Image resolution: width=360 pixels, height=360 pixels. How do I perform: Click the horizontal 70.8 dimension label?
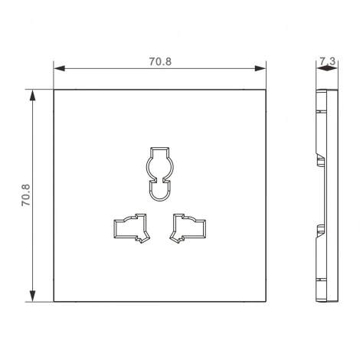click(x=160, y=61)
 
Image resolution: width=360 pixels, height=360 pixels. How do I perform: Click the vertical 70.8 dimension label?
click(x=26, y=195)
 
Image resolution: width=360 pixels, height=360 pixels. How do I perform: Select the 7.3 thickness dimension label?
click(x=328, y=61)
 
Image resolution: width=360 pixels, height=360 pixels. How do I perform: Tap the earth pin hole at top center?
click(x=160, y=174)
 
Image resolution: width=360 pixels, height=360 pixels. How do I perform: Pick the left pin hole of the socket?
click(x=132, y=228)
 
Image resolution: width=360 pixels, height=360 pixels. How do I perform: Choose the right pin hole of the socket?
click(x=188, y=228)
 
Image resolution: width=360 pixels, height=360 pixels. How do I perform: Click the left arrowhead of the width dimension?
click(x=59, y=68)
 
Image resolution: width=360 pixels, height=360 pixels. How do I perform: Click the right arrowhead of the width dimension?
click(x=260, y=68)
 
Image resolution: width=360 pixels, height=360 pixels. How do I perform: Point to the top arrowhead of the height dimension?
click(x=32, y=96)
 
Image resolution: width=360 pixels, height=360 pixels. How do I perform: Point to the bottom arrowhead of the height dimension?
click(x=32, y=296)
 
